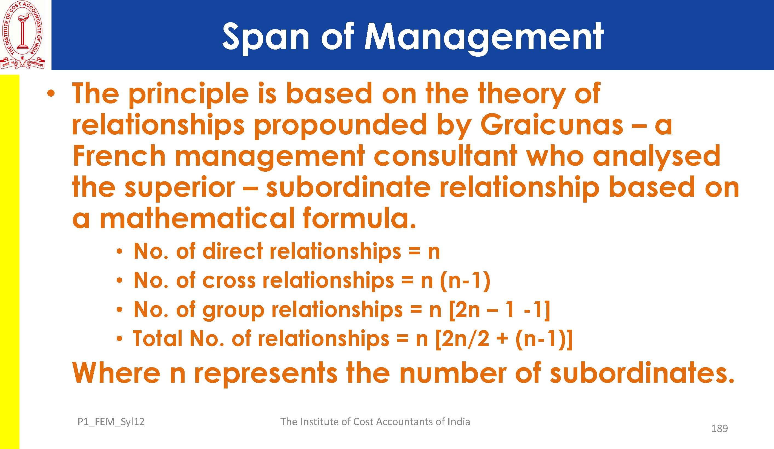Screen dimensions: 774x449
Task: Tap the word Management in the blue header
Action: [x=484, y=38]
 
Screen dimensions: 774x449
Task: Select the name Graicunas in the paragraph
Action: [x=552, y=125]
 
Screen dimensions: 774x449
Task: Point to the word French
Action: [x=119, y=156]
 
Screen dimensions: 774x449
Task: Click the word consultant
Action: [x=445, y=156]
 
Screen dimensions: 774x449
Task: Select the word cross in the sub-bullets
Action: [x=228, y=281]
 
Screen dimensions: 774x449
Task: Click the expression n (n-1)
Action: [x=455, y=281]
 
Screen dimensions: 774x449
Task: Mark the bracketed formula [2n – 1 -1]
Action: [x=499, y=310]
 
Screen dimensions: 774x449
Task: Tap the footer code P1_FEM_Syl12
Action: [x=111, y=422]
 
